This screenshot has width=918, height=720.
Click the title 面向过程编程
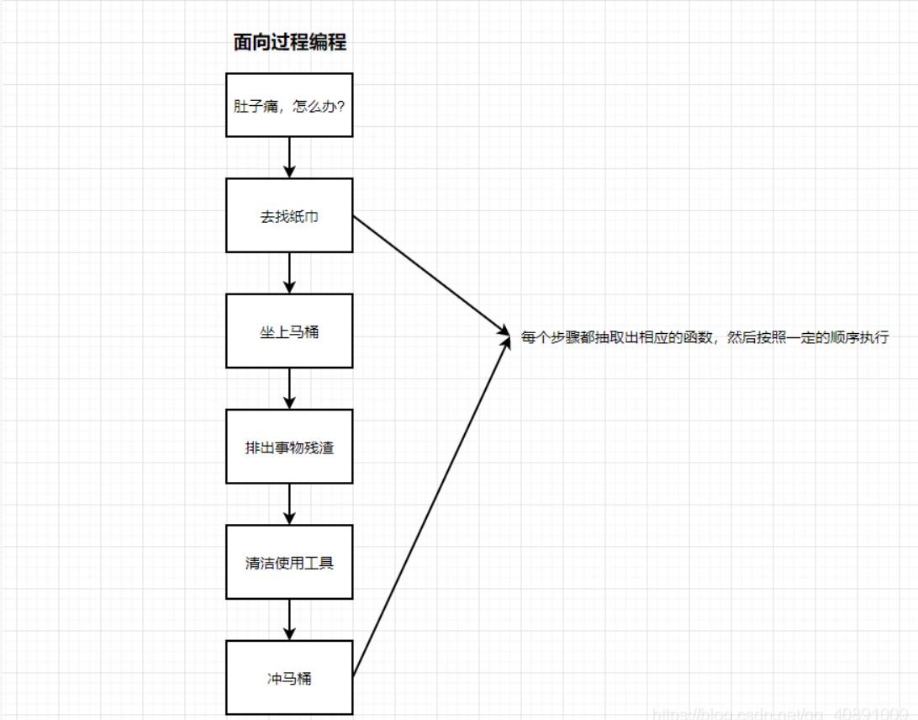(x=290, y=43)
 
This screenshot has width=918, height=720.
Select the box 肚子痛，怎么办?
(x=289, y=105)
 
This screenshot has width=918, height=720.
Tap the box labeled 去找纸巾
(x=289, y=215)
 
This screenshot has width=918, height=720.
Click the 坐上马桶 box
(x=289, y=331)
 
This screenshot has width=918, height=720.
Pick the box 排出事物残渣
(x=289, y=447)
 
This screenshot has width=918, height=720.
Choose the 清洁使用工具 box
(x=289, y=562)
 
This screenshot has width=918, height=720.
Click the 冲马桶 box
(x=289, y=677)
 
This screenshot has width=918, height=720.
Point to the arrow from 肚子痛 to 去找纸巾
(x=289, y=156)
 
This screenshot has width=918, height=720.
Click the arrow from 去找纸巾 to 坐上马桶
(x=289, y=272)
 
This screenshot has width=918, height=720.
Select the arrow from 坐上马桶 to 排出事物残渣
(x=289, y=388)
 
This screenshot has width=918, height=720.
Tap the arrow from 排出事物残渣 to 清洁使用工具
(x=289, y=503)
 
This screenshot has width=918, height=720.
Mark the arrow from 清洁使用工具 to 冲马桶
(x=289, y=618)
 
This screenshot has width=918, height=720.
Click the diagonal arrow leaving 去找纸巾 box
(x=429, y=274)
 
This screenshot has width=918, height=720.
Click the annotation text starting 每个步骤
(x=704, y=338)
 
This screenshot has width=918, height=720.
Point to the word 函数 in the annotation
(x=699, y=338)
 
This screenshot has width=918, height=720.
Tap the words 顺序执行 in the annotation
(x=858, y=338)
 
